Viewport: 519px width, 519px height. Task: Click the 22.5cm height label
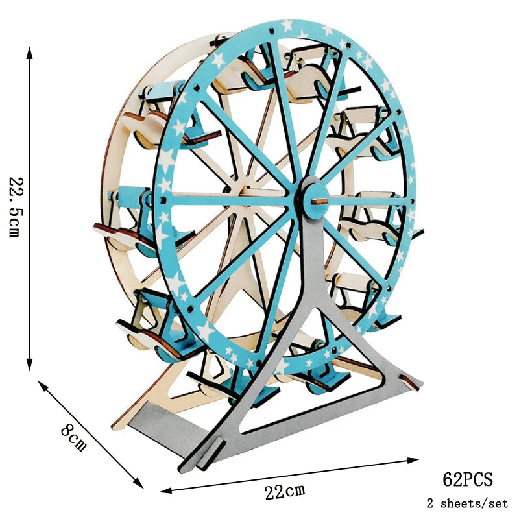(x=16, y=208)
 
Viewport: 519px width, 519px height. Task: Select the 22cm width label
(x=285, y=491)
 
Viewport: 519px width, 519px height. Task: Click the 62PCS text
(x=467, y=479)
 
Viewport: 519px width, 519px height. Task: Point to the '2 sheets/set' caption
(x=467, y=503)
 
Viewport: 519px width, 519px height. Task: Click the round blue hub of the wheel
(x=315, y=201)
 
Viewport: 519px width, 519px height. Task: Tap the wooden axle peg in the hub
(x=319, y=201)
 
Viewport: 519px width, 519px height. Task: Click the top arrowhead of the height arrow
(x=29, y=53)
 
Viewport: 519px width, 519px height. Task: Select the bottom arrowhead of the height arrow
(x=29, y=364)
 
